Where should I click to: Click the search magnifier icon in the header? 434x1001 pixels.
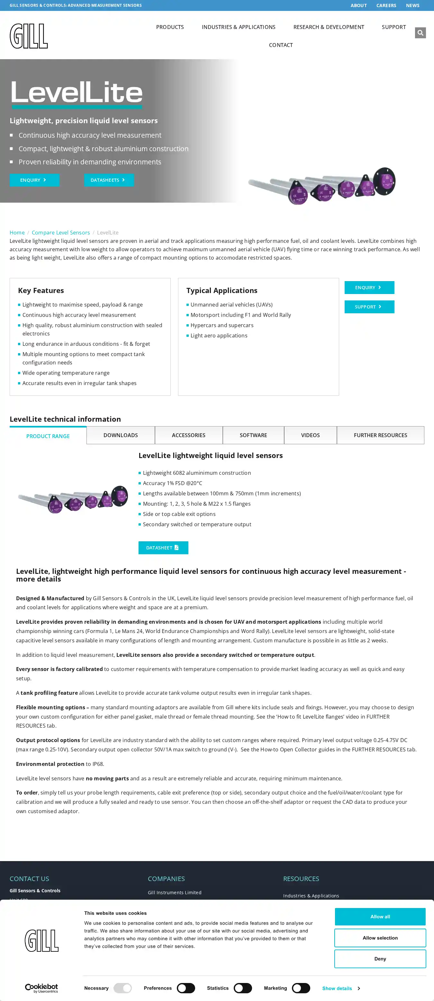(420, 32)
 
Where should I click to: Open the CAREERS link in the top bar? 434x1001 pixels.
(386, 5)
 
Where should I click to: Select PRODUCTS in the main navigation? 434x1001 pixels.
(170, 27)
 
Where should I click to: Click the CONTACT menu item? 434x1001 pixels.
(281, 45)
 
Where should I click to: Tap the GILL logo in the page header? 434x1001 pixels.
(29, 36)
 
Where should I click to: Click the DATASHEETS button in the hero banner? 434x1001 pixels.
(109, 180)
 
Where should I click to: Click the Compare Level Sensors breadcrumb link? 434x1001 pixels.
(61, 232)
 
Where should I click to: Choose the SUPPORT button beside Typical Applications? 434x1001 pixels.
(369, 307)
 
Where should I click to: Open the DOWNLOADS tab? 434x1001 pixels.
(121, 435)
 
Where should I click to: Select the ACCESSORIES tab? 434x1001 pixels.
(188, 435)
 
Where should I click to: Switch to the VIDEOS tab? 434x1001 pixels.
(310, 435)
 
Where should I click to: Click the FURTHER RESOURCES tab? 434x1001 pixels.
(380, 435)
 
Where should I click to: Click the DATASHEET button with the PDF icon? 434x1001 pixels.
(163, 547)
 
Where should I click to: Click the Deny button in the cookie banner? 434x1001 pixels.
(380, 959)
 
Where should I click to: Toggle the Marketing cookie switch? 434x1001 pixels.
(301, 988)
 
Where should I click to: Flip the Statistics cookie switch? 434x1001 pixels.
(243, 988)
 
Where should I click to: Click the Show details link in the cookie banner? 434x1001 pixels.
(340, 988)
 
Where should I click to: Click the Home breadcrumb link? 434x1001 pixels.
(17, 232)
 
